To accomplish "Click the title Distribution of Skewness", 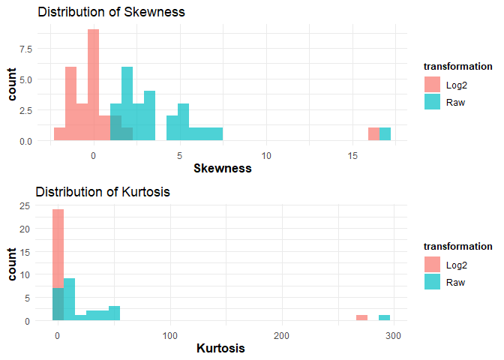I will click(111, 13).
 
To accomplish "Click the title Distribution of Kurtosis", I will click(103, 192).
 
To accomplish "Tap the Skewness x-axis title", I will click(222, 169).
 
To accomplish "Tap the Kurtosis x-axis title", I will click(220, 349).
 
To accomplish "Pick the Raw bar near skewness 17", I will click(385, 134).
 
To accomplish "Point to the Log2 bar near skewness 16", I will click(373, 134).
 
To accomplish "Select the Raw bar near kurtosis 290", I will click(384, 318).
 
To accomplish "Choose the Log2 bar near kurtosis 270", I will click(361, 318).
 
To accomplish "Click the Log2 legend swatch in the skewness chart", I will click(433, 85).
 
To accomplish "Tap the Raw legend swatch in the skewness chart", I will click(433, 103).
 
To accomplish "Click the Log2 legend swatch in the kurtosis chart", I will click(433, 265).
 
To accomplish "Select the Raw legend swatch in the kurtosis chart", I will click(433, 283).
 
